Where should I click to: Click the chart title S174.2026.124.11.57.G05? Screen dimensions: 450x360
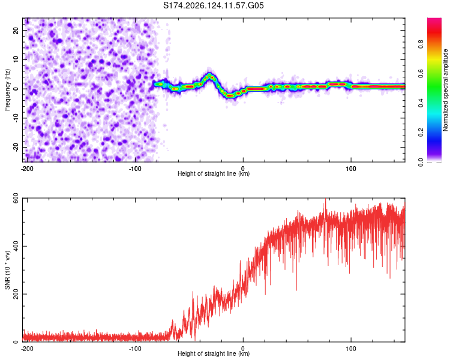[213, 5]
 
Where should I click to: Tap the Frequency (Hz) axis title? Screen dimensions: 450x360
[7, 90]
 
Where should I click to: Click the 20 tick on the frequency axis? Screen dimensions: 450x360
[16, 30]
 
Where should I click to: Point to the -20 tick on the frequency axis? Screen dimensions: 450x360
[16, 147]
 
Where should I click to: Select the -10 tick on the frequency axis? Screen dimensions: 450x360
[16, 118]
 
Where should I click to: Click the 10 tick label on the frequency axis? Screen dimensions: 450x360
[16, 59]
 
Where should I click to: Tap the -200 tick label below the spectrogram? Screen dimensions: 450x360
[27, 169]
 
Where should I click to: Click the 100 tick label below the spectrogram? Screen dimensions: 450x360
[351, 169]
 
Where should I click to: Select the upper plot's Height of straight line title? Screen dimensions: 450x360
[214, 173]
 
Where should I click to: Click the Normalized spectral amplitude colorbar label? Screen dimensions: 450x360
[445, 90]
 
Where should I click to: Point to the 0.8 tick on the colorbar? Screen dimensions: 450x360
[421, 44]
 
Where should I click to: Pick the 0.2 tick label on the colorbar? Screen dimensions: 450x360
[421, 133]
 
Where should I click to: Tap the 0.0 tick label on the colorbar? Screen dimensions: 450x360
[421, 162]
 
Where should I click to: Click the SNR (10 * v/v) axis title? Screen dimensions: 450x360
[7, 270]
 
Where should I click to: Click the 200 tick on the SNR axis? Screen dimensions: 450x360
[16, 294]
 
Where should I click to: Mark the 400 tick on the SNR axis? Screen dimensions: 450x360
[16, 246]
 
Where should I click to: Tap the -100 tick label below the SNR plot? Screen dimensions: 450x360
[135, 349]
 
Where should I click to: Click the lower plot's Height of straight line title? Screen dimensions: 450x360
[214, 353]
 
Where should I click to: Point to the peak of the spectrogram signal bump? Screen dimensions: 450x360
[209, 75]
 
